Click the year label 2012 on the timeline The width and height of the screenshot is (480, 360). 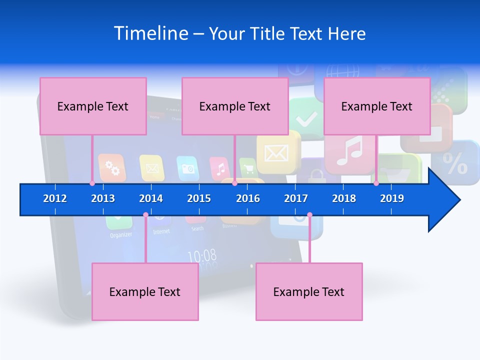[x=55, y=198]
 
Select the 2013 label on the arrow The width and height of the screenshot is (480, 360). [x=103, y=198]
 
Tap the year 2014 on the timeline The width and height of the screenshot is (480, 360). [x=151, y=198]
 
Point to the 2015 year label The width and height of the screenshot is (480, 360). [x=199, y=198]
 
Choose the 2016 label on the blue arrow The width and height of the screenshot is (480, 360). [x=248, y=198]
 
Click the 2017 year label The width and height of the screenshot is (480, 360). [x=296, y=198]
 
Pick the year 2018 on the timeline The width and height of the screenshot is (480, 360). [x=344, y=198]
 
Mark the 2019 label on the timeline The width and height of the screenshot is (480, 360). [x=392, y=198]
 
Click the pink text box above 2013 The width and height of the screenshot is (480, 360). [x=93, y=106]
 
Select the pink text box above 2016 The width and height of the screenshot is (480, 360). [x=235, y=106]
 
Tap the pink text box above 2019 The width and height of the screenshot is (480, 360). [x=377, y=106]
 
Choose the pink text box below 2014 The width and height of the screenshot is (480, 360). [x=145, y=291]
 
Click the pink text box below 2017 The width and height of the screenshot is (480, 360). [x=309, y=291]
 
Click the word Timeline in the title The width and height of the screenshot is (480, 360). [x=151, y=33]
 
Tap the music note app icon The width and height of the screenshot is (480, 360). [x=349, y=151]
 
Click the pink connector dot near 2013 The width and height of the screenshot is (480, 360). [x=92, y=183]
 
